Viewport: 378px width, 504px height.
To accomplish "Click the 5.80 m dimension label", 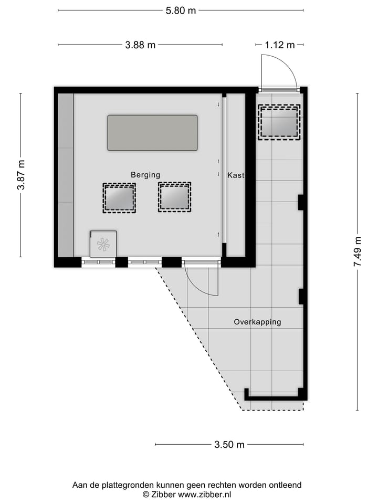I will coord(181,10).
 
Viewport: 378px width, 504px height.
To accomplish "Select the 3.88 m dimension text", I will coord(140,45).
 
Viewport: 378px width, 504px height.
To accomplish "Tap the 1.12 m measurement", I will coord(279,45).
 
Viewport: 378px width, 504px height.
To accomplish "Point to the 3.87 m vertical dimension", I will coord(22,175).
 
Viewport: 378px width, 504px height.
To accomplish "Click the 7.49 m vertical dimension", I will coord(358,252).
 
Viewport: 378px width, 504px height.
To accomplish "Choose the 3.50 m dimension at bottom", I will coord(229,445).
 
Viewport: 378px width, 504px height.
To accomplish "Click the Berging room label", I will coord(145,175).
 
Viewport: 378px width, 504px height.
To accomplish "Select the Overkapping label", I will coord(257,322).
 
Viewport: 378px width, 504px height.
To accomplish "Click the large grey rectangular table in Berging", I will coord(152,133).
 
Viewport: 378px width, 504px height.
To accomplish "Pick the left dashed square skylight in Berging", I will coord(119,198).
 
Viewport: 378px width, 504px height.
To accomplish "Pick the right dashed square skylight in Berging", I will coord(174,197).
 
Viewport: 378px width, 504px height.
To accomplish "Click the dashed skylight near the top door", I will coord(279,122).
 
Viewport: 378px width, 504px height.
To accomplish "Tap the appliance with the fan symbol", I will coord(103,244).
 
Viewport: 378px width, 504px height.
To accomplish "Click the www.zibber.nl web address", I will coord(204,495).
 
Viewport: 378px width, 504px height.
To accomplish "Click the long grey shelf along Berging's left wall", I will coord(66,175).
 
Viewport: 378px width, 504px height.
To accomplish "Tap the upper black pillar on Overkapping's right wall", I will coord(301,202).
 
